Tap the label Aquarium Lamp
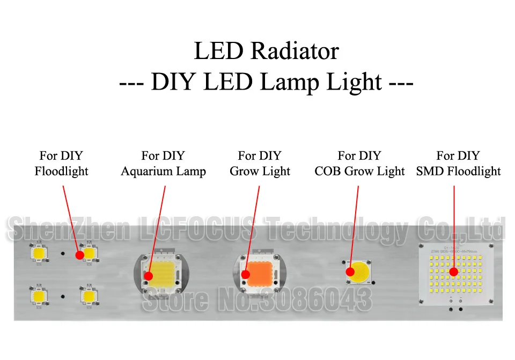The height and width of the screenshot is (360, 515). (x=163, y=172)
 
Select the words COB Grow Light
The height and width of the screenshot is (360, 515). (x=359, y=172)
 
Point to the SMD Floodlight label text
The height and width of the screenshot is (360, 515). (x=458, y=172)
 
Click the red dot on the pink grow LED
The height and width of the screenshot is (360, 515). (x=245, y=275)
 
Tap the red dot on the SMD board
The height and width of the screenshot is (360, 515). (x=453, y=272)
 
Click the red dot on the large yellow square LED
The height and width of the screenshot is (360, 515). (x=149, y=276)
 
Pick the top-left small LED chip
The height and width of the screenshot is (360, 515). (x=39, y=253)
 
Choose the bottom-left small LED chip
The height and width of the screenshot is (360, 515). (x=39, y=295)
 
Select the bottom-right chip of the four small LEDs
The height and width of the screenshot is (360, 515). (x=88, y=295)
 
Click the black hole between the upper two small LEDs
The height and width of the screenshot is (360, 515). (x=63, y=253)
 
